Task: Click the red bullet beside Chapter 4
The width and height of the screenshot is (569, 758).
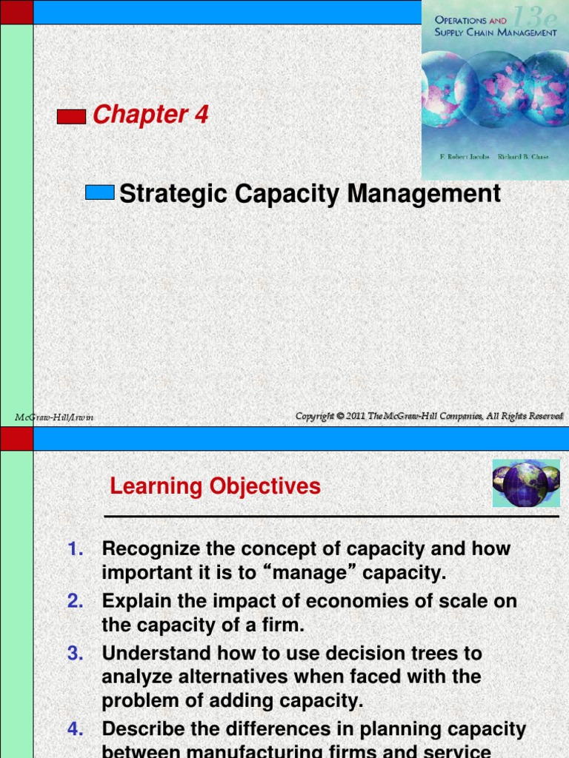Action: [x=71, y=116]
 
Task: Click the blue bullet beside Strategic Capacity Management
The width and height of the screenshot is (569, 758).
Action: [x=99, y=192]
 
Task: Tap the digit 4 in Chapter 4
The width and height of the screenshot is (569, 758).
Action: [x=201, y=115]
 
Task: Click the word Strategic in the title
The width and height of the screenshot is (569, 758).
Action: [x=174, y=194]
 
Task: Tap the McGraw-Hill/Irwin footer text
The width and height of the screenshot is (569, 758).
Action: [x=54, y=417]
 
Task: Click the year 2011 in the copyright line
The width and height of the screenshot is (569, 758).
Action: [x=361, y=417]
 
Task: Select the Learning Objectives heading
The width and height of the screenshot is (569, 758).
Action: [x=215, y=486]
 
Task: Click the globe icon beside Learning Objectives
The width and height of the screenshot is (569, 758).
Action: [x=525, y=483]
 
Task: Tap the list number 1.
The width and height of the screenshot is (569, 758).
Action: [x=76, y=549]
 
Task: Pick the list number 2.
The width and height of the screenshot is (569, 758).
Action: [x=76, y=601]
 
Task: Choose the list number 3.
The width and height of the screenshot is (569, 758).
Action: [x=76, y=653]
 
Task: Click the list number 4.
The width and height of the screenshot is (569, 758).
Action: [x=76, y=729]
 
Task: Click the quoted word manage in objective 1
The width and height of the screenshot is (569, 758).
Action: [x=316, y=574]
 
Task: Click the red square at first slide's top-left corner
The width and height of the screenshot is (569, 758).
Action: [x=16, y=11]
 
